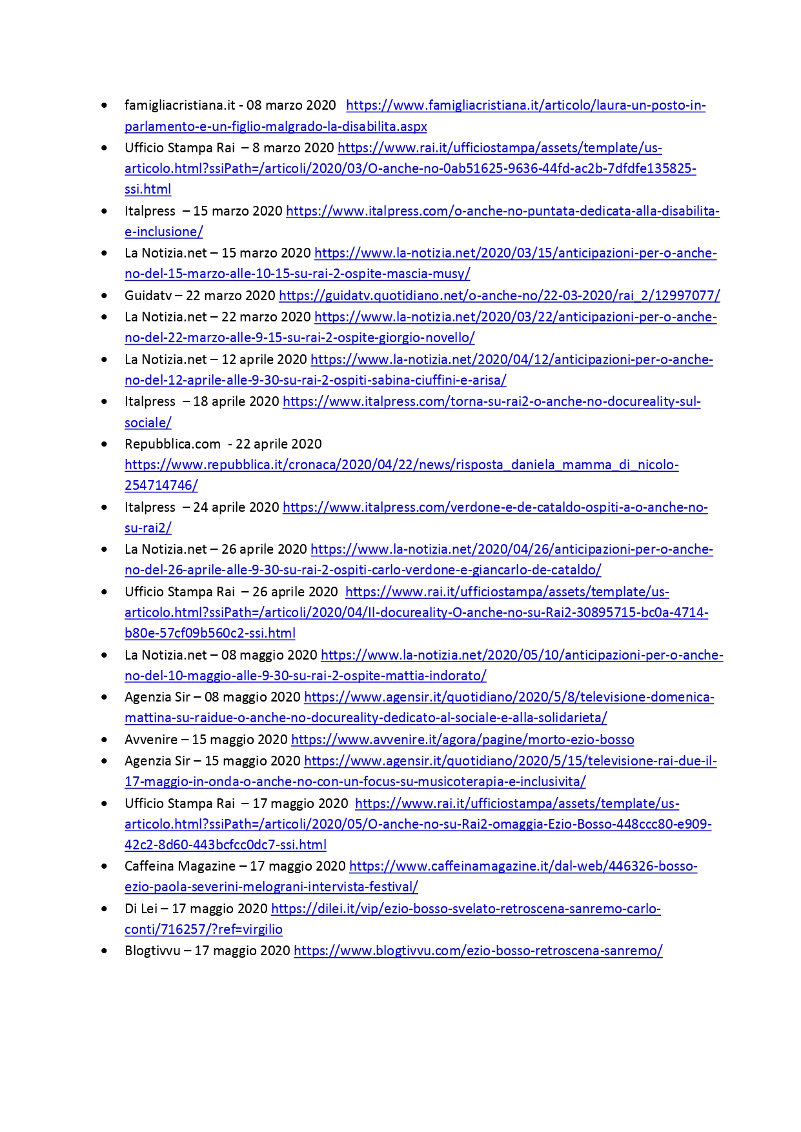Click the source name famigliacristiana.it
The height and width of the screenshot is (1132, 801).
[180, 105]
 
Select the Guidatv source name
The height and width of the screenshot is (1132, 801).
[148, 296]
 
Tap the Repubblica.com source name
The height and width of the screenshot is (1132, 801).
[172, 444]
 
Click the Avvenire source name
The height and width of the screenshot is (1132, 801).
[150, 740]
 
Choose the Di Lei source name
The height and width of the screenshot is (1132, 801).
[141, 909]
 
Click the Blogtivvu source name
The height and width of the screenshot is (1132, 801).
[152, 951]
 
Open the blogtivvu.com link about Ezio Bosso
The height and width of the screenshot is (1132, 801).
[478, 951]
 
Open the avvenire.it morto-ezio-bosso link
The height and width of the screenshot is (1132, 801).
[462, 740]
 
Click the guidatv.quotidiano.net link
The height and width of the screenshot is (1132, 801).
[499, 296]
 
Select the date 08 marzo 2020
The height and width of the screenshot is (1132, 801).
[291, 105]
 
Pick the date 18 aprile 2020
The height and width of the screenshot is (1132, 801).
[236, 401]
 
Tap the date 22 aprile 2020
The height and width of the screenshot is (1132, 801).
[279, 444]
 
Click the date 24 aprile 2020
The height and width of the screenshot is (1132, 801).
[236, 507]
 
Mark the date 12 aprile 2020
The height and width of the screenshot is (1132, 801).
[264, 359]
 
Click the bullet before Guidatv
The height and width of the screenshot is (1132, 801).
[105, 296]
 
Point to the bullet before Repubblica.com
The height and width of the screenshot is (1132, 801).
[105, 444]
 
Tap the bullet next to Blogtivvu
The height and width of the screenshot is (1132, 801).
[105, 951]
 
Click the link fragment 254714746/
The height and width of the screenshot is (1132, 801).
[161, 485]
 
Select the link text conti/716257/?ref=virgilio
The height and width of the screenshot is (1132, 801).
[203, 929]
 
